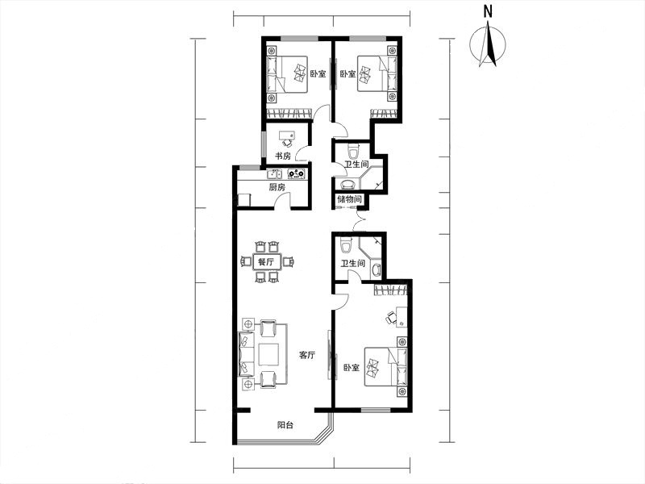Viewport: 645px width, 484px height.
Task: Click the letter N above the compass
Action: (488, 12)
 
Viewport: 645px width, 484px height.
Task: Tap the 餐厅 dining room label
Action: (265, 261)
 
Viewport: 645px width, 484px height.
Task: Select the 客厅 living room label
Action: (307, 355)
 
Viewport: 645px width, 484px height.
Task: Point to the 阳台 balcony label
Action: (285, 425)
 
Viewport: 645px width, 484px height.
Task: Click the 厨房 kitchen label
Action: (277, 187)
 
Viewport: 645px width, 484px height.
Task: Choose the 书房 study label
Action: (283, 156)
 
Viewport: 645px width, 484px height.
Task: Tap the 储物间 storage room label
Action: (349, 199)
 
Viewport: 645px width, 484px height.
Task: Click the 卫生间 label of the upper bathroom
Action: (356, 165)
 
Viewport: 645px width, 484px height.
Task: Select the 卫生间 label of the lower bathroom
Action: (353, 263)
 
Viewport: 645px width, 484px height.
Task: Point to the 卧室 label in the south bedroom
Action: (352, 367)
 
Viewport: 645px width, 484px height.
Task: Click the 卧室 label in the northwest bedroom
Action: (318, 74)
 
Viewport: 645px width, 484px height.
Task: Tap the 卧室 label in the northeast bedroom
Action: (348, 74)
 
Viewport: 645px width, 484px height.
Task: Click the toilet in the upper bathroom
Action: (353, 151)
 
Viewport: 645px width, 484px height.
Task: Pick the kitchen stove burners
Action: (297, 173)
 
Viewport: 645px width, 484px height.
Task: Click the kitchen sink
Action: (274, 173)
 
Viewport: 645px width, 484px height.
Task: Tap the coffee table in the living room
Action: (269, 354)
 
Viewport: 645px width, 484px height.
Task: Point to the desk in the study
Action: (287, 136)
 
